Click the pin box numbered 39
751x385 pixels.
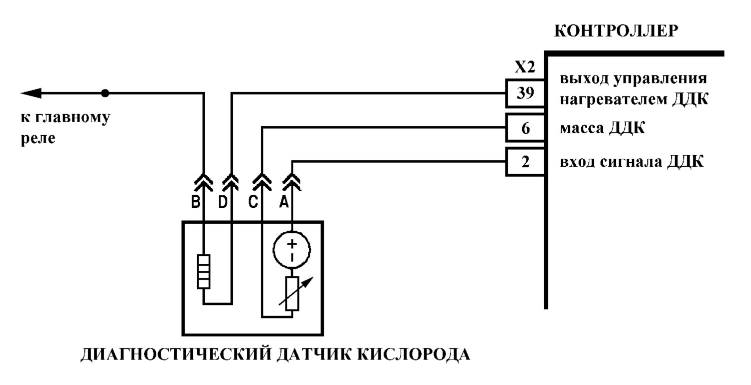point(525,93)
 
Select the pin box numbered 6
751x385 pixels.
point(525,128)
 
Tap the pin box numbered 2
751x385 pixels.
point(525,162)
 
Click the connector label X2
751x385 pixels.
point(525,68)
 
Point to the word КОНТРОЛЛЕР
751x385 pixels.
point(616,31)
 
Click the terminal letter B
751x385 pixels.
point(195,202)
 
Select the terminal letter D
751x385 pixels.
point(223,202)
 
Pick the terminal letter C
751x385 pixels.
point(253,202)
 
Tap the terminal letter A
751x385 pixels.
point(284,202)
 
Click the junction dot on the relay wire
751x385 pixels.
point(105,93)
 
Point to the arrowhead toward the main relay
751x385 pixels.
point(31,93)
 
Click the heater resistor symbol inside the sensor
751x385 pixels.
point(203,272)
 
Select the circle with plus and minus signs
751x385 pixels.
point(292,250)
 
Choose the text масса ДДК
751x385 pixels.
point(602,128)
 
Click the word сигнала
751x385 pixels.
point(631,162)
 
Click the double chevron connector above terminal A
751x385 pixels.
point(292,182)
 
